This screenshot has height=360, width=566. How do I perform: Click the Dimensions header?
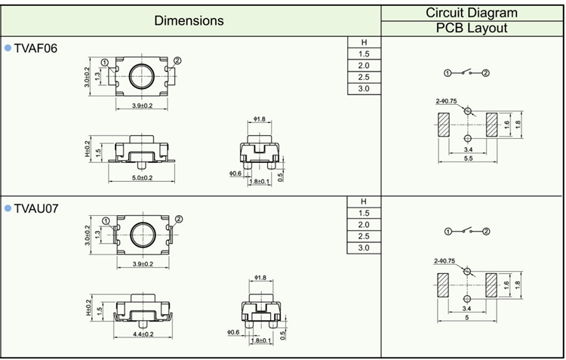pyautogui.click(x=189, y=20)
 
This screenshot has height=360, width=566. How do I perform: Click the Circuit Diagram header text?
pyautogui.click(x=472, y=12)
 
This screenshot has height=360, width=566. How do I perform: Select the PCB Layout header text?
pyautogui.click(x=472, y=28)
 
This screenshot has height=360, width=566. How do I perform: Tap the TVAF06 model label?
pyautogui.click(x=35, y=48)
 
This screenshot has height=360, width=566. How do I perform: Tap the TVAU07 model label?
pyautogui.click(x=36, y=207)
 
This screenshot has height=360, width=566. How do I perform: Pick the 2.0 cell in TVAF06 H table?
pyautogui.click(x=364, y=66)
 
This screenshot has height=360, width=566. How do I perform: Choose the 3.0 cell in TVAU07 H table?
pyautogui.click(x=364, y=248)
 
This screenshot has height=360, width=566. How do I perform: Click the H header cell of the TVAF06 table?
pyautogui.click(x=364, y=42)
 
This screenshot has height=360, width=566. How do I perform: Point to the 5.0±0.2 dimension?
pyautogui.click(x=137, y=178)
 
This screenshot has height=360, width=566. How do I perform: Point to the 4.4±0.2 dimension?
pyautogui.click(x=137, y=334)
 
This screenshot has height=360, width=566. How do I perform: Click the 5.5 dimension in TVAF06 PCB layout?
pyautogui.click(x=468, y=158)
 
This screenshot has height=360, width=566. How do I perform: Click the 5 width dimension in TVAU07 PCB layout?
pyautogui.click(x=468, y=318)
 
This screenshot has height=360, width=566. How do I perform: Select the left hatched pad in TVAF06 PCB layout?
pyautogui.click(x=443, y=125)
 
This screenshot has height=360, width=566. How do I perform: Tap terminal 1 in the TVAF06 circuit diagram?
pyautogui.click(x=448, y=72)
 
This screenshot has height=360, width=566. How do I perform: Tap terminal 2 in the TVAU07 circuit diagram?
pyautogui.click(x=486, y=231)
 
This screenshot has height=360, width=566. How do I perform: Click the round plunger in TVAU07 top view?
pyautogui.click(x=141, y=234)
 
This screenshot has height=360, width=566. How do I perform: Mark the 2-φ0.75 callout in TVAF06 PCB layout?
pyautogui.click(x=446, y=101)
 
